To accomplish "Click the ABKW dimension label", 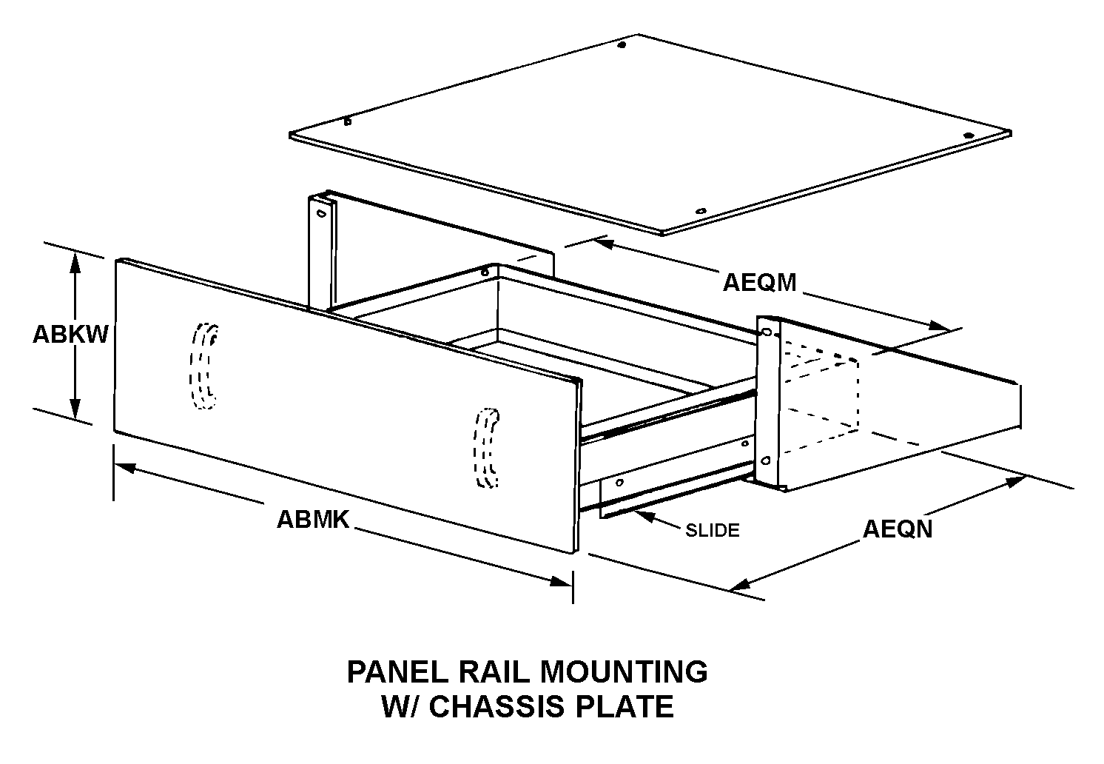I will pyautogui.click(x=70, y=335).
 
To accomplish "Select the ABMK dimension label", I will pyautogui.click(x=312, y=520).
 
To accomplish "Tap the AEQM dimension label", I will pyautogui.click(x=759, y=283).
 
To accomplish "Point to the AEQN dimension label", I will pyautogui.click(x=898, y=529).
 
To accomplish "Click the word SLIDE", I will pyautogui.click(x=712, y=531).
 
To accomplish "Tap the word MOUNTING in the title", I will pyautogui.click(x=623, y=672).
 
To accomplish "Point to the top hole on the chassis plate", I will pyautogui.click(x=622, y=46).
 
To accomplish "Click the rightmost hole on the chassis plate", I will pyautogui.click(x=969, y=135).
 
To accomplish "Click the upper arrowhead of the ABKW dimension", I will pyautogui.click(x=75, y=260).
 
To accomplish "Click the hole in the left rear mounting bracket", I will pyautogui.click(x=320, y=213).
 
